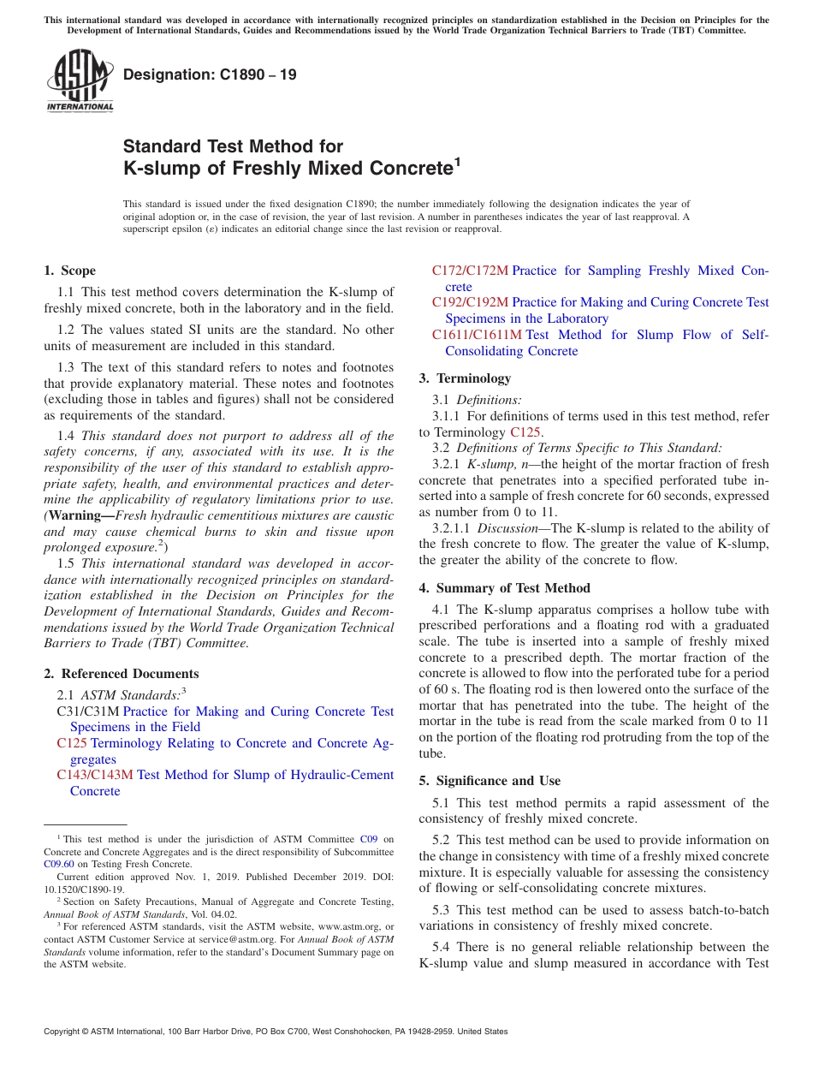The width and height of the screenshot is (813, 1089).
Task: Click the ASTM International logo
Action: coord(80,80)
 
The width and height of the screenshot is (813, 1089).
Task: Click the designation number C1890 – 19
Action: coord(210,74)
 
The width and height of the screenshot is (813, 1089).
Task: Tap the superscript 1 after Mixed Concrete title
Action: coord(457,160)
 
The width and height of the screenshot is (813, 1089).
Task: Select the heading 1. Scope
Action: coord(69,271)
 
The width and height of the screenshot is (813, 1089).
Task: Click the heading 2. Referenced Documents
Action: coord(121,674)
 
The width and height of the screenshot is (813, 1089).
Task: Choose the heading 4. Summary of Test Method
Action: coord(504,587)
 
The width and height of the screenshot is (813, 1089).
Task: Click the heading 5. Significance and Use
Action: coord(490,780)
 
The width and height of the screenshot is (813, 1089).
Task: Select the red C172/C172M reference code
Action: coord(470,271)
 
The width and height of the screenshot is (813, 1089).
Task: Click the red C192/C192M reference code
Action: coord(470,302)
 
